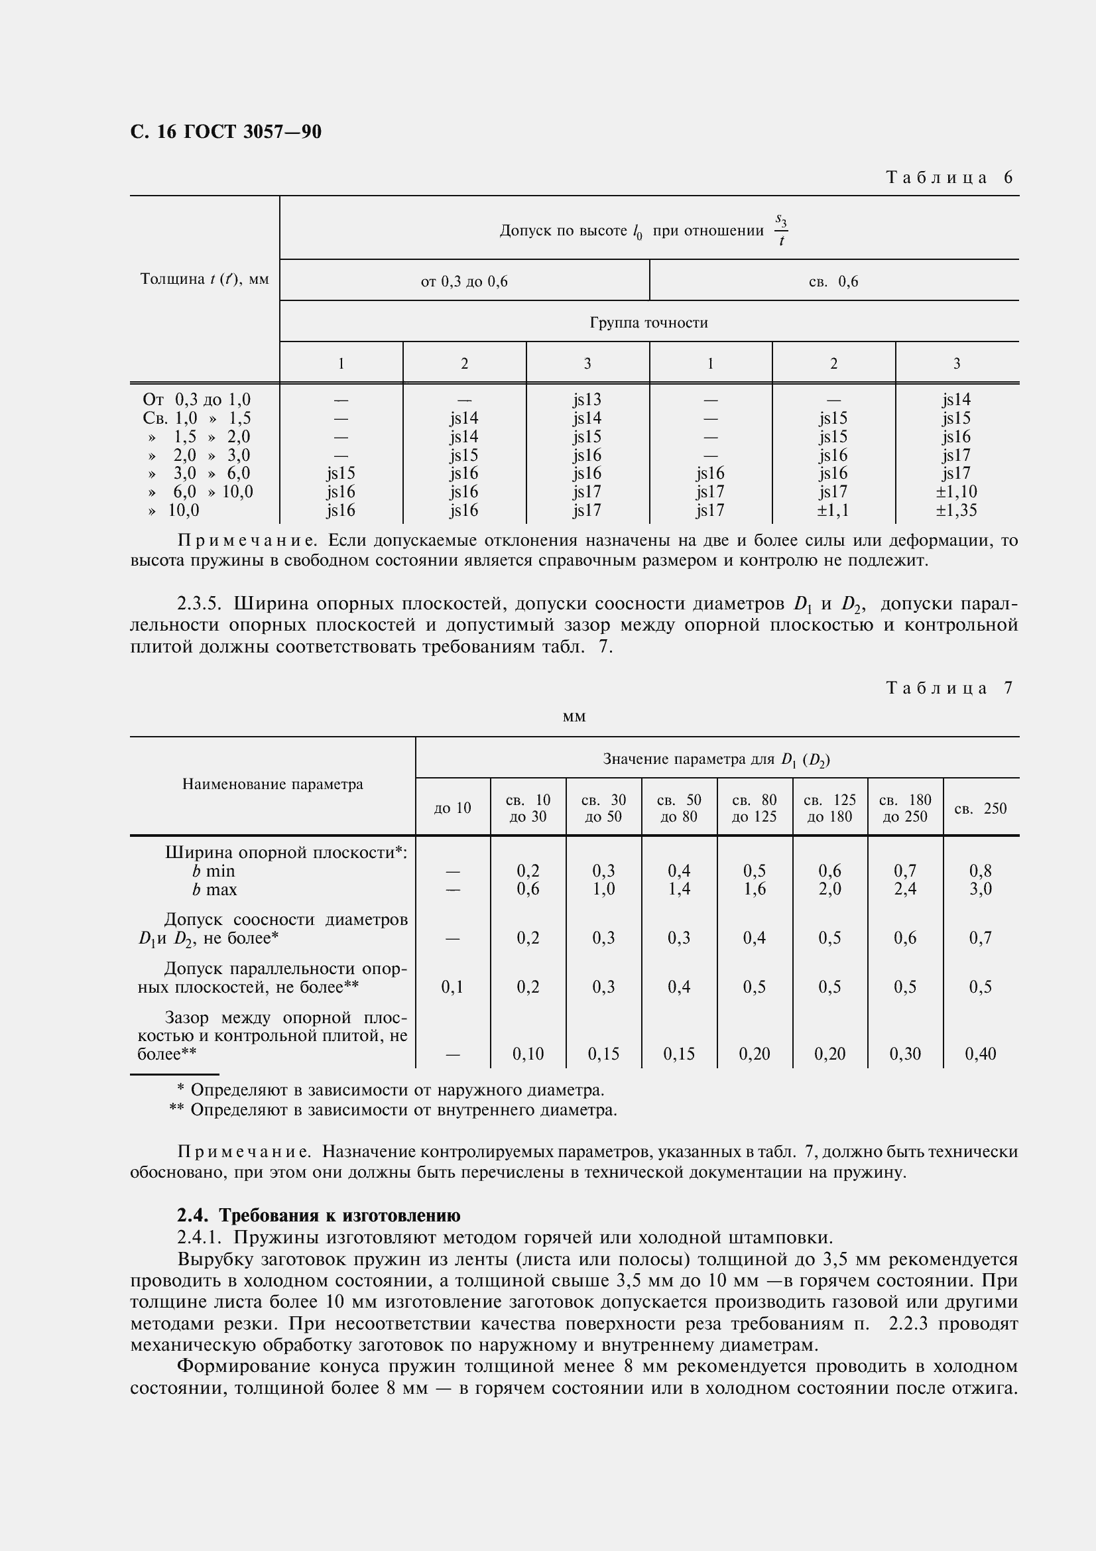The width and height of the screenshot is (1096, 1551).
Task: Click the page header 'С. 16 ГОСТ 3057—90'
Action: [225, 132]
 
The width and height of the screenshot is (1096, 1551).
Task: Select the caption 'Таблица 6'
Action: [949, 178]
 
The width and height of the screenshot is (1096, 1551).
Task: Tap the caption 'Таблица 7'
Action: [949, 688]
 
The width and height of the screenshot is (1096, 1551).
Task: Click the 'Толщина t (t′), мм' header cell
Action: [205, 279]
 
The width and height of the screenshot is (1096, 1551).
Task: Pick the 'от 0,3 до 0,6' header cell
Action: [464, 282]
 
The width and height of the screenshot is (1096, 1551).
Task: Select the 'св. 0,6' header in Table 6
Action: [833, 282]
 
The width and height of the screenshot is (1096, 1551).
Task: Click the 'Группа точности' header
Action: [648, 323]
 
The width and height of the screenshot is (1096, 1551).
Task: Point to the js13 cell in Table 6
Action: [587, 400]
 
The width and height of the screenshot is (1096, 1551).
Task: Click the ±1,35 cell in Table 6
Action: [956, 510]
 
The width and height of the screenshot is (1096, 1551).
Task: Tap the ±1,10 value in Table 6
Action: [956, 492]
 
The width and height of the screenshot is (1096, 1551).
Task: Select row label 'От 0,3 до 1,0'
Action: [196, 400]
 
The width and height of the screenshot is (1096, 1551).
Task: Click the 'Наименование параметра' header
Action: [272, 784]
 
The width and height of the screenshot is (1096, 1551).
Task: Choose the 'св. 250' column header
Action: [980, 808]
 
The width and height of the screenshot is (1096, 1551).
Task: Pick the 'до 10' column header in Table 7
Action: [452, 808]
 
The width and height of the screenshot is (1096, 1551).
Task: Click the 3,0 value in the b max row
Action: [980, 889]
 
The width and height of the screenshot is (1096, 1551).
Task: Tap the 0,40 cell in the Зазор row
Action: [980, 1054]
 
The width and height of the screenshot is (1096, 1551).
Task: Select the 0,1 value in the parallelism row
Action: [452, 987]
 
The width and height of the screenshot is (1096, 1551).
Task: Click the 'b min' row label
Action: [213, 871]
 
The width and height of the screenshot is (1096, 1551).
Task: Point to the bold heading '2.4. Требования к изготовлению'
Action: [319, 1216]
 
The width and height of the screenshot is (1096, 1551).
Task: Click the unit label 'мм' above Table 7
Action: [574, 716]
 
